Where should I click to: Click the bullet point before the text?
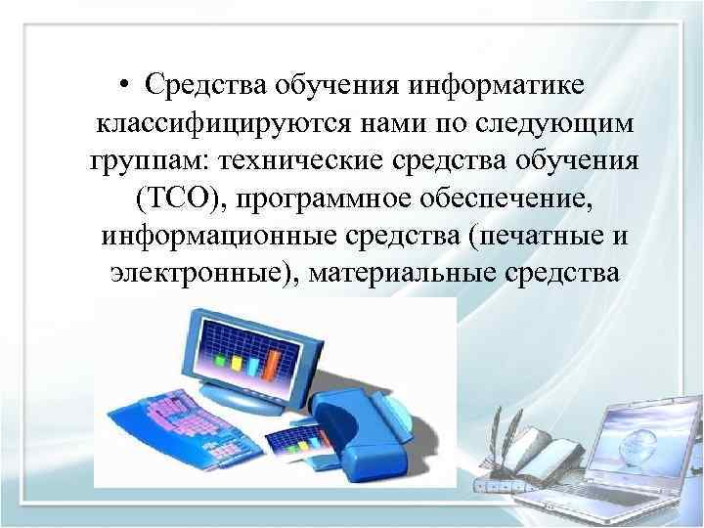[128, 86]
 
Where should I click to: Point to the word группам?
[144, 161]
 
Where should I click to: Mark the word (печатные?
[524, 236]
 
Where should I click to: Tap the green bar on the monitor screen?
[236, 364]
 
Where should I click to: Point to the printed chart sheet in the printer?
[297, 441]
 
